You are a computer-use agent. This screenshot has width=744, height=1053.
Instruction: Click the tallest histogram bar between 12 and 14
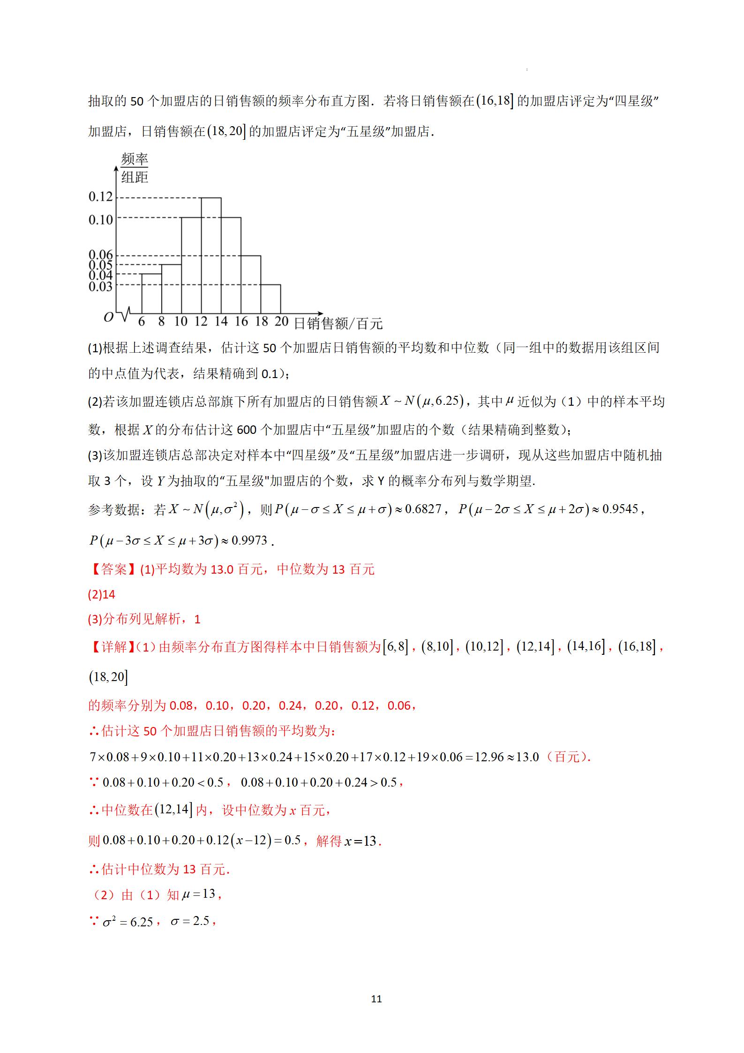(211, 256)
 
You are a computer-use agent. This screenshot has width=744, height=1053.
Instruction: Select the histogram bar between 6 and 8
(151, 294)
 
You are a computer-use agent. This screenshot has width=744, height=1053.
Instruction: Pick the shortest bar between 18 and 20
(271, 299)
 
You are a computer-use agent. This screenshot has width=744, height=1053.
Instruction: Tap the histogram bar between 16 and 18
(251, 285)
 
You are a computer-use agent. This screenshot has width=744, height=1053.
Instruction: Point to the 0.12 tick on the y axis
(101, 197)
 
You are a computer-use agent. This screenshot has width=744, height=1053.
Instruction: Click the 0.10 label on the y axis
(101, 220)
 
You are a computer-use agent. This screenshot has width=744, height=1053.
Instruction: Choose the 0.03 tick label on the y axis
(101, 286)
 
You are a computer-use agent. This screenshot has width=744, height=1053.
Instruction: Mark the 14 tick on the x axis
(221, 322)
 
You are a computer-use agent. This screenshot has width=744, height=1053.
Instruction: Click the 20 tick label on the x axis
(281, 322)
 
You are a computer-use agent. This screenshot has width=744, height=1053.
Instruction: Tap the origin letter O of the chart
(108, 318)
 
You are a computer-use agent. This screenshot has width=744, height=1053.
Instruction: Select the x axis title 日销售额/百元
(338, 324)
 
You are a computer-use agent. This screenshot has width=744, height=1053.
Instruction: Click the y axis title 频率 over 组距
(134, 168)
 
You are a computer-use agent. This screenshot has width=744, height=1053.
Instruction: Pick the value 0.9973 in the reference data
(249, 541)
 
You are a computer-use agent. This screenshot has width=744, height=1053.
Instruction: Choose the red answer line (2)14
(101, 595)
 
